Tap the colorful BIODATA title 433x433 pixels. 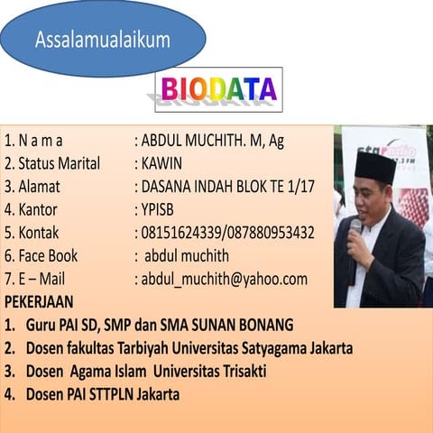219,89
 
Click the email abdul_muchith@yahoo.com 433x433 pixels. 226,279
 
